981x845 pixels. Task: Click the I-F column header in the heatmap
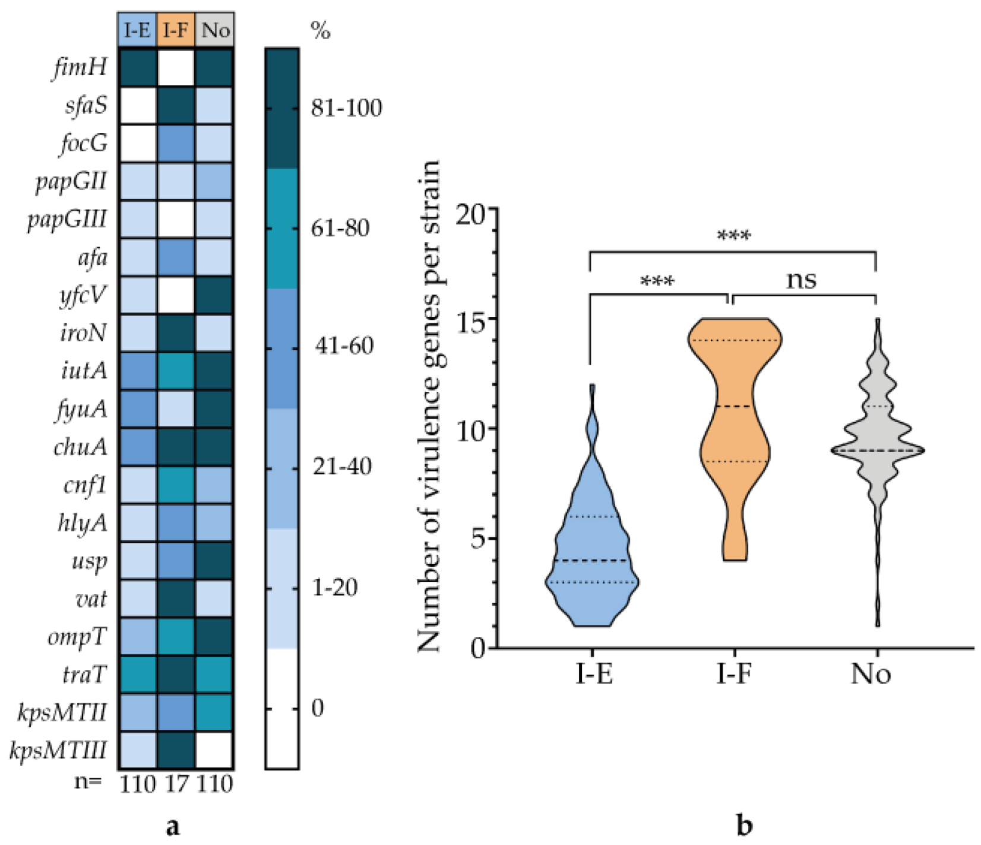click(x=176, y=30)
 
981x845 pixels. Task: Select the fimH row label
click(x=81, y=68)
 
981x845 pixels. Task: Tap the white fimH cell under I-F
click(x=176, y=68)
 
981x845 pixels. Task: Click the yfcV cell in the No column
click(x=214, y=295)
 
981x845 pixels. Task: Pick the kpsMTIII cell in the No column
click(x=214, y=750)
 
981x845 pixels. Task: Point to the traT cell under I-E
click(x=138, y=675)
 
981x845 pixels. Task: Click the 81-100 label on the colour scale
click(x=347, y=108)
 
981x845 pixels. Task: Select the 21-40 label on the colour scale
click(x=342, y=467)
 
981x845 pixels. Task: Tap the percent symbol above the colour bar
click(x=321, y=31)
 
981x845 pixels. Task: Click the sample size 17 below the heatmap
click(x=176, y=784)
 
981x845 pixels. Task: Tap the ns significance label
click(x=801, y=280)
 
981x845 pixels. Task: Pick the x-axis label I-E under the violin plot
click(x=593, y=675)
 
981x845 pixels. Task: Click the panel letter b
click(x=744, y=825)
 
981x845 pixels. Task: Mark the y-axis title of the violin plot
click(x=429, y=406)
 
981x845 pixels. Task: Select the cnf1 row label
click(x=86, y=486)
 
